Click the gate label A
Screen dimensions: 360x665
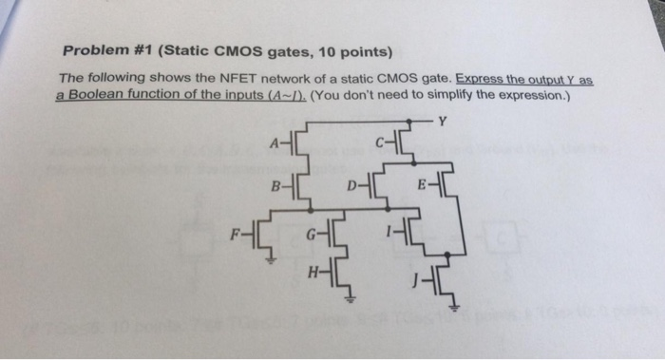[274, 143]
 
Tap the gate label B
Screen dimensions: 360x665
[275, 186]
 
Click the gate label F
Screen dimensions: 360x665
[236, 228]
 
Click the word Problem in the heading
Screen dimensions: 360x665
[93, 50]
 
